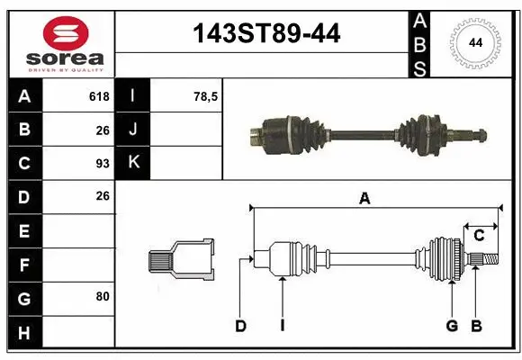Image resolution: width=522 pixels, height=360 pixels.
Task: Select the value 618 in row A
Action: [99, 96]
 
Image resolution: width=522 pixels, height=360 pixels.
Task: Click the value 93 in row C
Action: [102, 163]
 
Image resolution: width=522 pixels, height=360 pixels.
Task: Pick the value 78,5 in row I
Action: [206, 96]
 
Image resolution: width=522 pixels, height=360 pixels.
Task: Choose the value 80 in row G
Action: [102, 295]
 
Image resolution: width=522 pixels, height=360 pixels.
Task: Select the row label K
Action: [132, 163]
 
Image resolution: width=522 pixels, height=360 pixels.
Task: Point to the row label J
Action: [132, 130]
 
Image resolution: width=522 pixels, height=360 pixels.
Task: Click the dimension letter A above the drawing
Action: [364, 199]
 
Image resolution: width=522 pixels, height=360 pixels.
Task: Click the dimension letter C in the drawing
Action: [479, 236]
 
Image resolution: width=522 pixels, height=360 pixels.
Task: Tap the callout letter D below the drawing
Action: [240, 326]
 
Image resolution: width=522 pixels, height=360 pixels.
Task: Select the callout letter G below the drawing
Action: [452, 326]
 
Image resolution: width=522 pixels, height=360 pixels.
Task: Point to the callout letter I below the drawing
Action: [282, 326]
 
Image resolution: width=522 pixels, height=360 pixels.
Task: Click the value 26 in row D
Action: [102, 196]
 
